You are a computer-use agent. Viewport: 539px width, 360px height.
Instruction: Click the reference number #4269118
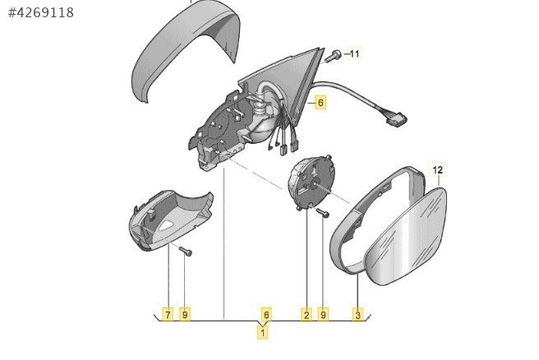[x=41, y=12]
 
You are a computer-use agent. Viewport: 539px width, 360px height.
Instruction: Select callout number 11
[x=354, y=53]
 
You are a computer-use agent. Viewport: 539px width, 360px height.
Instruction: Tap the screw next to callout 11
[x=333, y=57]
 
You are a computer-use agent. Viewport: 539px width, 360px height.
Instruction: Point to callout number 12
[x=438, y=170]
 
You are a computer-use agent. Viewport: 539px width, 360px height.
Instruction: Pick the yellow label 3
[x=358, y=314]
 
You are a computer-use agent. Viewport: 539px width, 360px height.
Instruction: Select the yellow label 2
[x=306, y=314]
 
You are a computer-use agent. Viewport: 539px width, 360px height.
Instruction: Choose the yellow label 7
[x=168, y=314]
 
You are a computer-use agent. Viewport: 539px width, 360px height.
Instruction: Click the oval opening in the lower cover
[x=167, y=225]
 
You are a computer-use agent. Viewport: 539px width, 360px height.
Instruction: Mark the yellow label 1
[x=263, y=333]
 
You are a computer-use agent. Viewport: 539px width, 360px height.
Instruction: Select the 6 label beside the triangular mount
[x=320, y=102]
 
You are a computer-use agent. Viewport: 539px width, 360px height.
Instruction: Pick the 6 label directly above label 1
[x=266, y=314]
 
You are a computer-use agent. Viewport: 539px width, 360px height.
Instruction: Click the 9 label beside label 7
[x=185, y=314]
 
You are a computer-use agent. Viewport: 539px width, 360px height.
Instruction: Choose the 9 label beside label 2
[x=323, y=314]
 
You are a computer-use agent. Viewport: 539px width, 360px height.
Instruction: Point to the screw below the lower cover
[x=186, y=252]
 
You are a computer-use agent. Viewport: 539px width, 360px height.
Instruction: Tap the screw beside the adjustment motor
[x=323, y=213]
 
